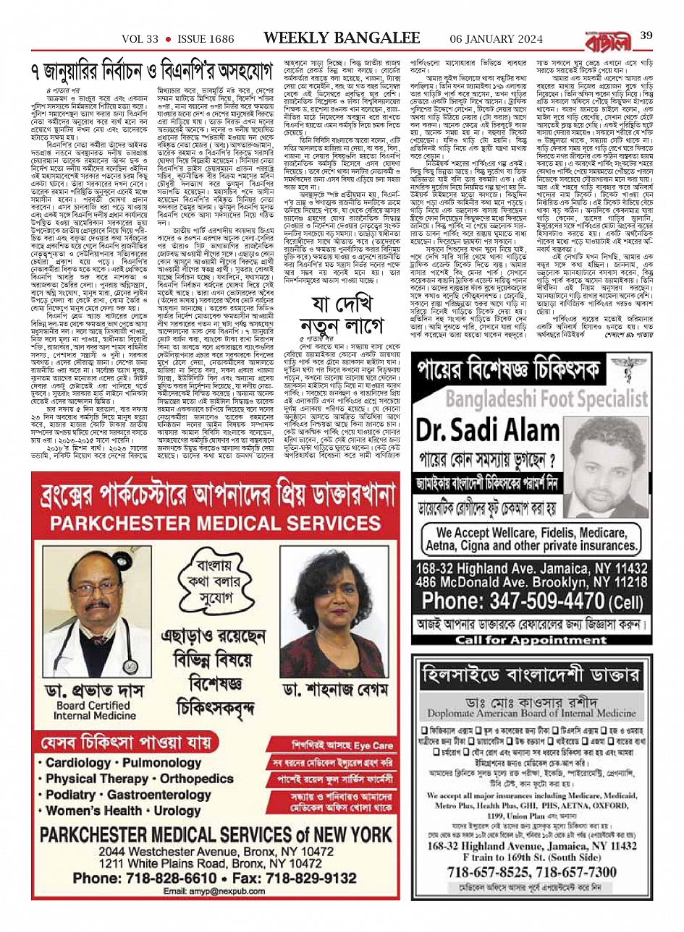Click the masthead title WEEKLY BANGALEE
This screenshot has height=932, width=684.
click(x=340, y=37)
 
